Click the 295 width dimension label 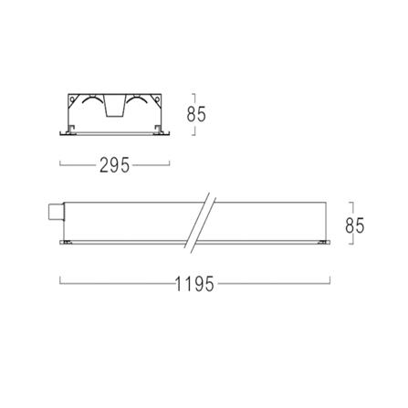pyautogui.click(x=115, y=165)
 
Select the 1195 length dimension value pyautogui.click(x=194, y=284)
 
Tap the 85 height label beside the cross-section pyautogui.click(x=196, y=114)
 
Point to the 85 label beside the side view pyautogui.click(x=355, y=225)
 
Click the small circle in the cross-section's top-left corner pyautogui.click(x=72, y=99)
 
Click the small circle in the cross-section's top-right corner pyautogui.click(x=157, y=99)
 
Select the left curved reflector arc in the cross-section pyautogui.click(x=91, y=99)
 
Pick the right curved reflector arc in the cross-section pyautogui.click(x=137, y=99)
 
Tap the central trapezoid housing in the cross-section pyautogui.click(x=115, y=106)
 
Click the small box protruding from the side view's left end pyautogui.click(x=57, y=212)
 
